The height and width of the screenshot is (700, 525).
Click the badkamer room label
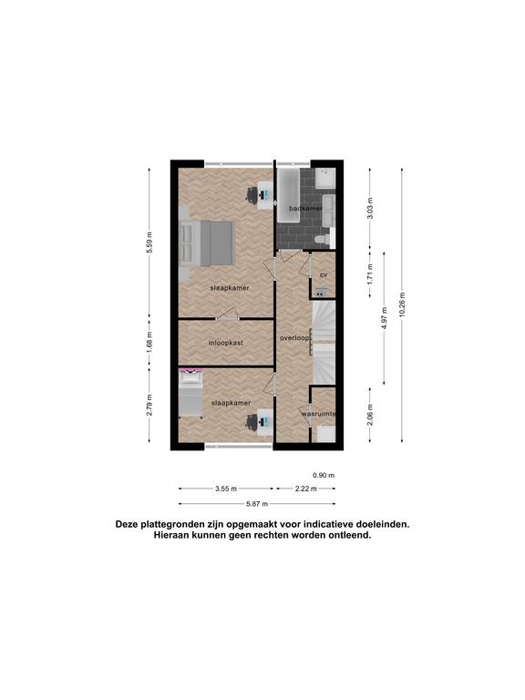(x=305, y=209)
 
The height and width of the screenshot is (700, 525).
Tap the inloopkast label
(x=226, y=343)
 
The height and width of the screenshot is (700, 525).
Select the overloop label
(x=294, y=338)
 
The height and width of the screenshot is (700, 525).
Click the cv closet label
(x=324, y=274)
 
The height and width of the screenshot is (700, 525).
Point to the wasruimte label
(x=318, y=414)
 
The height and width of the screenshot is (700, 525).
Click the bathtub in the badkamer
(x=288, y=196)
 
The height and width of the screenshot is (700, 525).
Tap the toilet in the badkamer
(x=324, y=240)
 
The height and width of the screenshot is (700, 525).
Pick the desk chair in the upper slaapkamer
(x=252, y=195)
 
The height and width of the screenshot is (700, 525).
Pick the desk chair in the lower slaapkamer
(x=252, y=421)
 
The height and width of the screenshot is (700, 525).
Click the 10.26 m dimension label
(x=402, y=304)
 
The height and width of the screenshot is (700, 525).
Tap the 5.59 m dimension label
(x=149, y=242)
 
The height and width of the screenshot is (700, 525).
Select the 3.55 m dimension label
(x=226, y=489)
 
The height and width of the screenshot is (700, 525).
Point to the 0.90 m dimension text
(x=324, y=475)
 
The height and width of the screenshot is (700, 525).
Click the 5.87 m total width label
(x=257, y=504)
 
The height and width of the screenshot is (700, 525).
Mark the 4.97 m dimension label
(x=385, y=317)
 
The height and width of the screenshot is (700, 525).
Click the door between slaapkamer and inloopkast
(x=228, y=314)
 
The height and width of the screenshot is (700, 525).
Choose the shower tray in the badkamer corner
(x=324, y=179)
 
